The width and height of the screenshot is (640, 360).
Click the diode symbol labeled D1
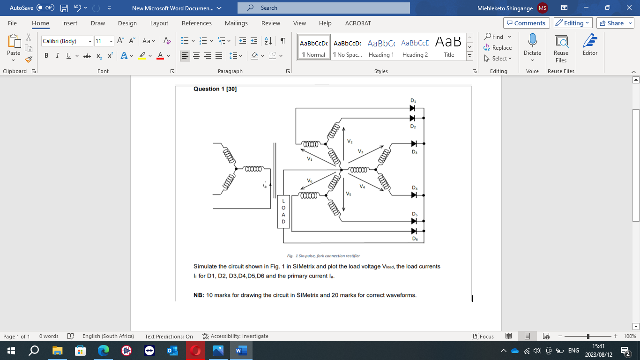[x=412, y=108]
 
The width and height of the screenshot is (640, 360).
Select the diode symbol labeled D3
[x=414, y=143]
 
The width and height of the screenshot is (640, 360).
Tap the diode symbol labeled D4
[x=414, y=195]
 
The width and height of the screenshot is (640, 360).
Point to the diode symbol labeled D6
[x=414, y=231]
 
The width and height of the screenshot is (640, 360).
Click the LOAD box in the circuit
[x=283, y=211]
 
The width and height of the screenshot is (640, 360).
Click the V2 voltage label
[x=350, y=141]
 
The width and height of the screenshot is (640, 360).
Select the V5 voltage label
[x=349, y=194]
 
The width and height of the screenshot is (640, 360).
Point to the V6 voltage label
[x=310, y=180]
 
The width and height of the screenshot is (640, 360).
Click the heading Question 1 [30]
[x=215, y=89]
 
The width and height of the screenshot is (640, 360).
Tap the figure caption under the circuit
[x=323, y=256]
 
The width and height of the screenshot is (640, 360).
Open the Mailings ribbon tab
[x=236, y=23]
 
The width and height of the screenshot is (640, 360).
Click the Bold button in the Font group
[x=46, y=56]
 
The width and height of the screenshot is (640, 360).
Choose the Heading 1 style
[x=381, y=47]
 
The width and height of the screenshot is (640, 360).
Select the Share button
[x=615, y=23]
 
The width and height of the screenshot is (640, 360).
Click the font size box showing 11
[x=101, y=41]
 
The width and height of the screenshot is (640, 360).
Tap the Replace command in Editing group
[x=499, y=48]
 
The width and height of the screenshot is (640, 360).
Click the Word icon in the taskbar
[x=241, y=351]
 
